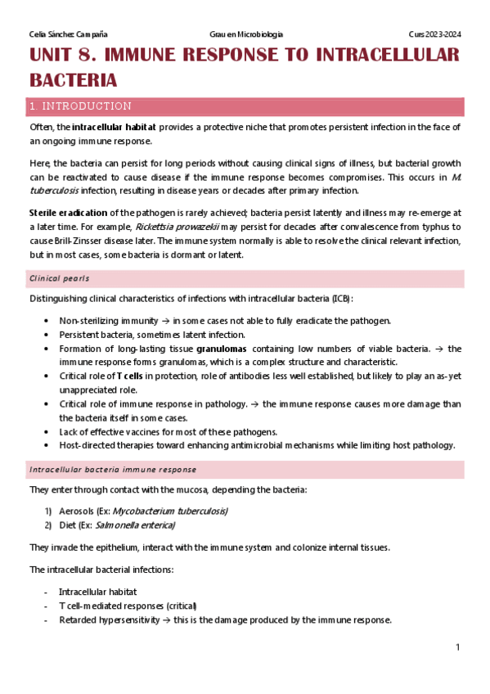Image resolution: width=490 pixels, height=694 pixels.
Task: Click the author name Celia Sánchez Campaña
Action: [68, 34]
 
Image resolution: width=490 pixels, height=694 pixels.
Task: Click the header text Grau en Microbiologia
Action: [246, 34]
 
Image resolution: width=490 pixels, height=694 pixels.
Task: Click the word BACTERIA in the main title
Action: [74, 80]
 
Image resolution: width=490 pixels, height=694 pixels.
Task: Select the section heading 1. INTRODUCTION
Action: [79, 106]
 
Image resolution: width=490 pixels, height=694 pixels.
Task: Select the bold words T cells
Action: [131, 376]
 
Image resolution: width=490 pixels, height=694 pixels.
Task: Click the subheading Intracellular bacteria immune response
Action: [113, 470]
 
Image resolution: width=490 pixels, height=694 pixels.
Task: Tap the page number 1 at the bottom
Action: [458, 647]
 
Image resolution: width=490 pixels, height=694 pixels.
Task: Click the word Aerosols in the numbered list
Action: [78, 511]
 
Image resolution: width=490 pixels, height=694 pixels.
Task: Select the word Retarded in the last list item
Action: [79, 620]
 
